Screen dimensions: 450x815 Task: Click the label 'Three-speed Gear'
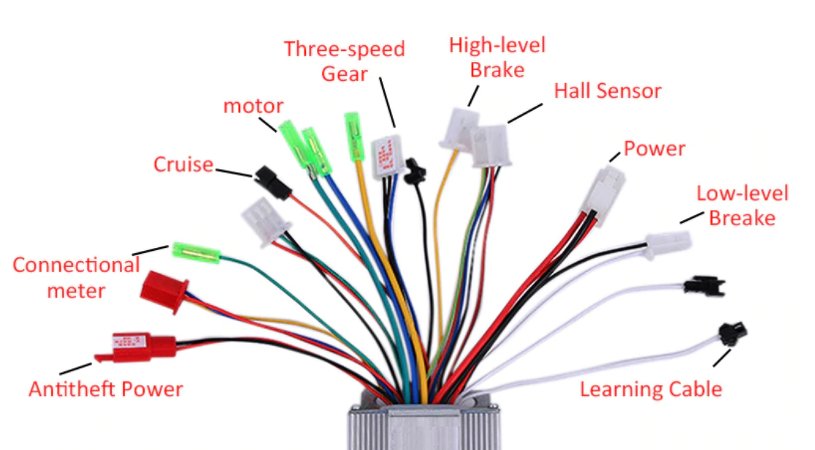click(x=344, y=61)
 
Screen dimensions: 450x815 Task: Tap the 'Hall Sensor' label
click(x=607, y=91)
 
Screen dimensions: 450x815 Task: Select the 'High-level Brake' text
click(x=497, y=57)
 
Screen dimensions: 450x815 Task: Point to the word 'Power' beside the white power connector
click(x=654, y=150)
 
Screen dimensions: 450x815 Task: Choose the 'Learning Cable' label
click(x=651, y=389)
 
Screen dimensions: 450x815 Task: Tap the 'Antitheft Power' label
click(x=106, y=389)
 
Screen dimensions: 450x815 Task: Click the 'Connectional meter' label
click(x=76, y=277)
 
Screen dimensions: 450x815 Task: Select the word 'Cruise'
click(x=183, y=164)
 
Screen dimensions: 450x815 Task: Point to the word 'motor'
click(x=253, y=106)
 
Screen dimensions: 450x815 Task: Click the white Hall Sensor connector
click(x=489, y=146)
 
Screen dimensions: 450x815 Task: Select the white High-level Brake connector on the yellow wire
click(x=459, y=129)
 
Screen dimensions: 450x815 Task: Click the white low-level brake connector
click(x=667, y=244)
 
